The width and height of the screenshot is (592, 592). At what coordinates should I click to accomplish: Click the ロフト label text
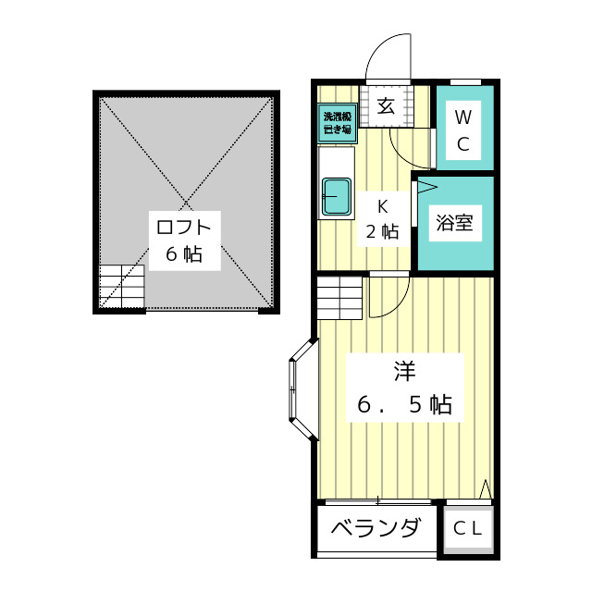tap(184, 227)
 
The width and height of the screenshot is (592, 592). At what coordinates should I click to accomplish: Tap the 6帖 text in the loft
tap(184, 253)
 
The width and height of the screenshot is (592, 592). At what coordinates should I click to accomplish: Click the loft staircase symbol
tap(122, 286)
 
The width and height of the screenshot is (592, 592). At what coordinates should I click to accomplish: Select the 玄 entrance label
tap(386, 105)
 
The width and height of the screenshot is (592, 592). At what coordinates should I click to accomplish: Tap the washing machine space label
tap(337, 123)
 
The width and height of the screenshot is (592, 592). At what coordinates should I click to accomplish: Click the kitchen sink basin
tap(336, 195)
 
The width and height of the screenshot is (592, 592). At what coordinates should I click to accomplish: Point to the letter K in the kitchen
tap(381, 206)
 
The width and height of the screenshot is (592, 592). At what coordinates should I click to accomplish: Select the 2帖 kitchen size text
tap(381, 232)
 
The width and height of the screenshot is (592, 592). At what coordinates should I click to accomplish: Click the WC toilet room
tap(464, 130)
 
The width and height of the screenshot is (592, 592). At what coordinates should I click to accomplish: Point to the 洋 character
tap(404, 372)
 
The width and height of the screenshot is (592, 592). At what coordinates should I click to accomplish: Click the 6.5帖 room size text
tap(404, 404)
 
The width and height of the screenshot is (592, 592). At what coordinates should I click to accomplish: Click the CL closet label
tap(468, 530)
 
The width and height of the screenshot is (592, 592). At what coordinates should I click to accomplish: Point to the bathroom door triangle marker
tap(425, 188)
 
